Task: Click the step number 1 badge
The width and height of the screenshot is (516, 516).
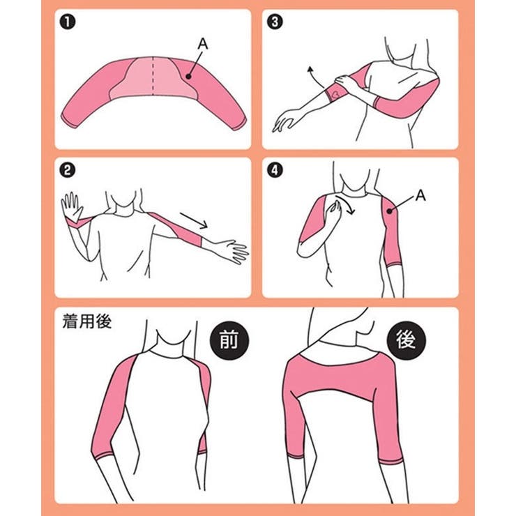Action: (68, 22)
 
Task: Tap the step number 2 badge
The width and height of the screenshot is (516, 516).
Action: (68, 170)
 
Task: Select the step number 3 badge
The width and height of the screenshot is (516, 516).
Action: (275, 22)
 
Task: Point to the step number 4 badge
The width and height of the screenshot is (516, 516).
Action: (275, 170)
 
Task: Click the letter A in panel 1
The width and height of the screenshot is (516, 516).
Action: (203, 44)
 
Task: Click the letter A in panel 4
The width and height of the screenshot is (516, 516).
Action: (420, 195)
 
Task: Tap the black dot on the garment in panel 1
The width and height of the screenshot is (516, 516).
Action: (188, 76)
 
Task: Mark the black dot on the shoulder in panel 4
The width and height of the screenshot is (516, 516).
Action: (390, 211)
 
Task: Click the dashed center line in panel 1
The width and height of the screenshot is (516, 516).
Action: (153, 76)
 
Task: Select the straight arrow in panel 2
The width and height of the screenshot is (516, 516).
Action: (194, 220)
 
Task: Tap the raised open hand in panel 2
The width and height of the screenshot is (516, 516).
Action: (71, 206)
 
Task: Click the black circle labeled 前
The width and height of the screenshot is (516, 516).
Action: (229, 340)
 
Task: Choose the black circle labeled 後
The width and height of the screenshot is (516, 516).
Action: (406, 340)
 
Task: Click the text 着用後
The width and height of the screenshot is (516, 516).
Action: (87, 321)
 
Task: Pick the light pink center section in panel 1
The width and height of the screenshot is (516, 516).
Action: (153, 79)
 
